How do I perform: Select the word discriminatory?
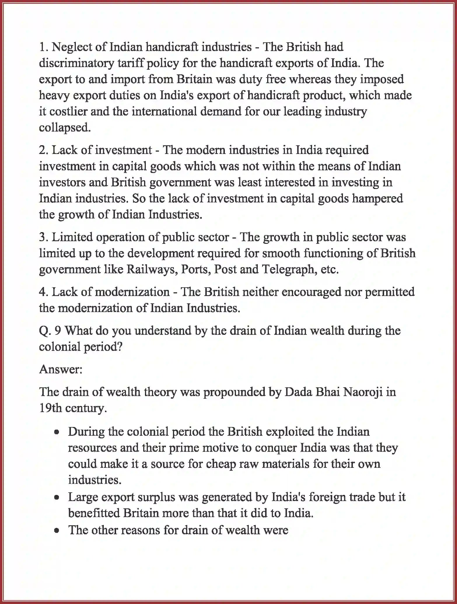(76, 63)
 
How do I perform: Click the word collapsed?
(65, 128)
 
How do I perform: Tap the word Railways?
(152, 269)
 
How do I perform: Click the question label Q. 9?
(50, 331)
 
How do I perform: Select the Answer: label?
(61, 370)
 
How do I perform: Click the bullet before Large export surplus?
(57, 498)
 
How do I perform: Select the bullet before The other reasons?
(57, 531)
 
